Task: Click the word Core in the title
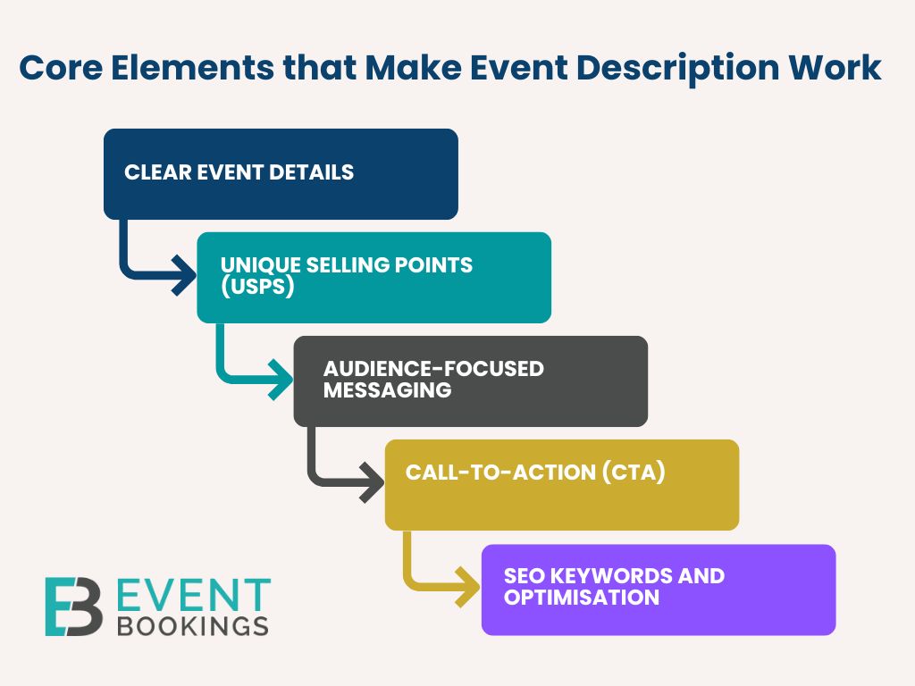coord(61,68)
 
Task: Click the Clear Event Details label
coord(239,172)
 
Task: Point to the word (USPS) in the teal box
coord(257,287)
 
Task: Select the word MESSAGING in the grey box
coord(388,389)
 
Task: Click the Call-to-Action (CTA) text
coord(535,473)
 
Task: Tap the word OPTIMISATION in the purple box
coord(582,598)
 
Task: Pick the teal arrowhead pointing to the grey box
coord(281,379)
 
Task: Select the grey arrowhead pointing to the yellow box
coord(373,482)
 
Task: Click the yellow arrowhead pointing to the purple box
coord(468,586)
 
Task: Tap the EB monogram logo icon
coord(74,607)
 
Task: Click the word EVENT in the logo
coord(194,596)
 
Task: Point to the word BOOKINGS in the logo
coord(193,626)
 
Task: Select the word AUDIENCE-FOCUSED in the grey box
coord(433,369)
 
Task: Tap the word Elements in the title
coord(193,68)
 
